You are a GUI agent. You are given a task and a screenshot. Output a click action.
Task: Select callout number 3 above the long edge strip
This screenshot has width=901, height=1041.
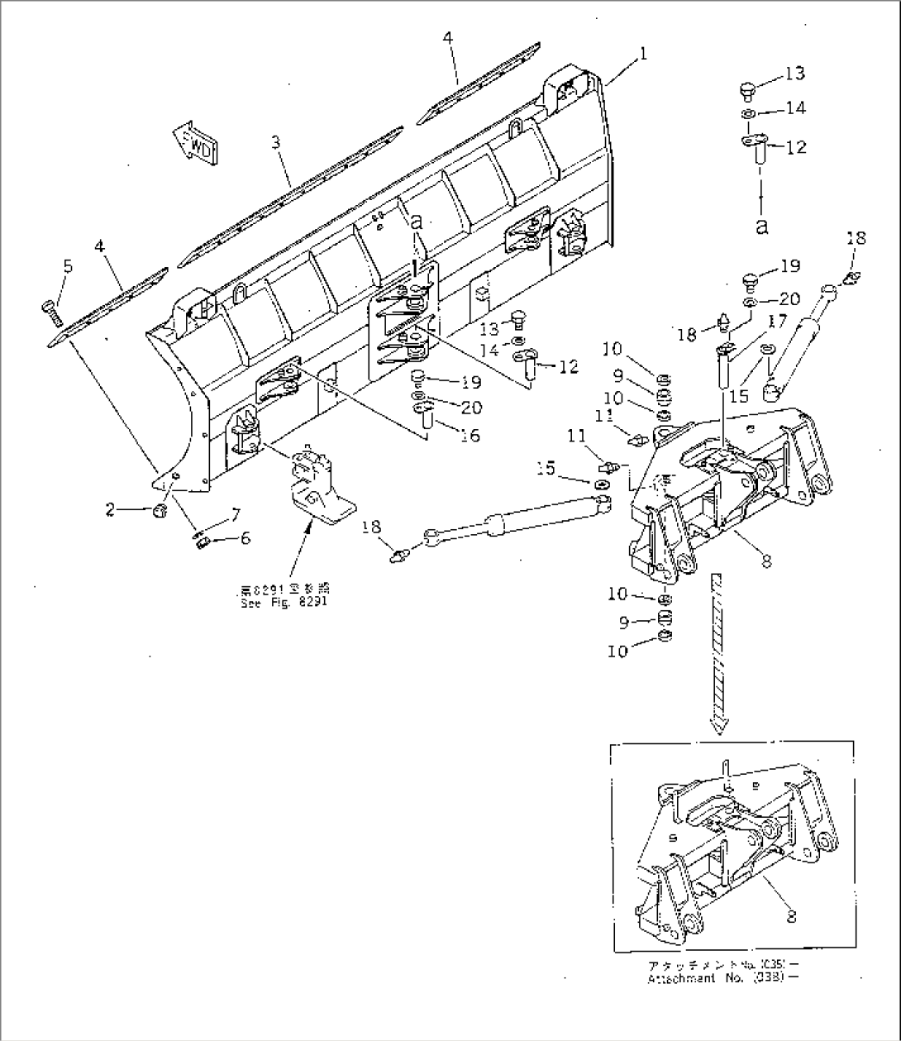276,143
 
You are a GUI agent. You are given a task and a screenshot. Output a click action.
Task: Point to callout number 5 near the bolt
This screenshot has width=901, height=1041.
68,266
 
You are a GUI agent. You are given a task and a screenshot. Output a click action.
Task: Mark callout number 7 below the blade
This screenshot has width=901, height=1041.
235,516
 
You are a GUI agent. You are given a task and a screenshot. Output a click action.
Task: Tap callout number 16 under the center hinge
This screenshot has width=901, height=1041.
470,435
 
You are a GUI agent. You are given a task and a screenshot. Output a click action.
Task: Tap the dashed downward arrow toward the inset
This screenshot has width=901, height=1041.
718,653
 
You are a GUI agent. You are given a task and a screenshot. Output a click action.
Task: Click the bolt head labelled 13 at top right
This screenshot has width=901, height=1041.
747,87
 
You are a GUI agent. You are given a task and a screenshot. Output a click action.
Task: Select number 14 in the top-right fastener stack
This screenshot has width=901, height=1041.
794,108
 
